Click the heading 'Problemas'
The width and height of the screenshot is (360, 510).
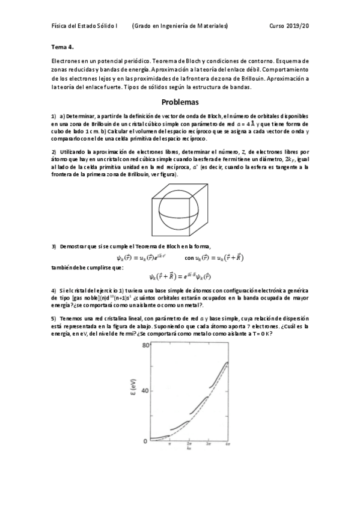click(x=180, y=102)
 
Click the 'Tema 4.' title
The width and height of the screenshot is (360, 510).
click(x=63, y=46)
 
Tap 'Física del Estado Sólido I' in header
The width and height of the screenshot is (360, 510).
click(x=85, y=26)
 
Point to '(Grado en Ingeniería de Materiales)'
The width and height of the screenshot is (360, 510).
click(x=180, y=26)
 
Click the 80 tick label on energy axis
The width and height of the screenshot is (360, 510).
click(x=144, y=345)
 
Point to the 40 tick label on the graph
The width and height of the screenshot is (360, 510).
click(x=144, y=391)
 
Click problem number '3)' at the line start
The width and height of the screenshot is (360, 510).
click(x=53, y=247)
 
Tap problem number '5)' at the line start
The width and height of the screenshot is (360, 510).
click(x=53, y=318)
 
